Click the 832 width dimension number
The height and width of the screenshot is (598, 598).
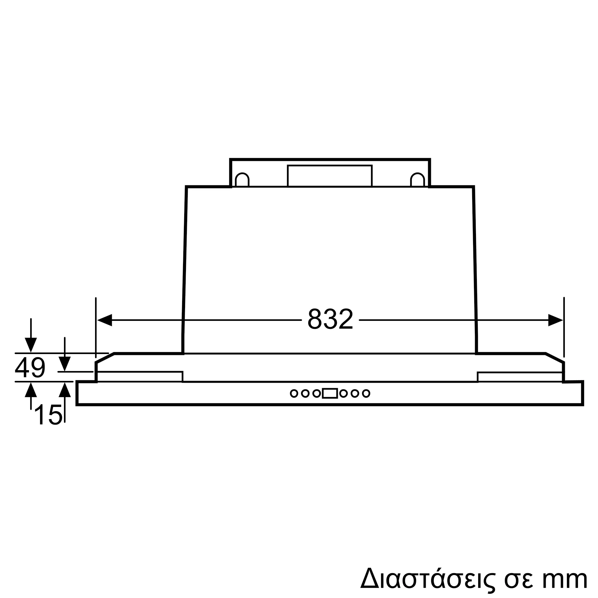[x=330, y=319]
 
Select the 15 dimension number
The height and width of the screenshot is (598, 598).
[x=49, y=415]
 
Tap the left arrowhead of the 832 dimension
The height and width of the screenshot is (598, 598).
[x=105, y=320]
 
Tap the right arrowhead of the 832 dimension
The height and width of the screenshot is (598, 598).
[x=555, y=320]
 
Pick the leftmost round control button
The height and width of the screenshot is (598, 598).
[x=294, y=393]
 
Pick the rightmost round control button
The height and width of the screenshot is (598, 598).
[x=366, y=393]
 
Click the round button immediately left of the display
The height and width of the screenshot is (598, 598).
[x=316, y=393]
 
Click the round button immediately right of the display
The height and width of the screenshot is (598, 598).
[x=343, y=393]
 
